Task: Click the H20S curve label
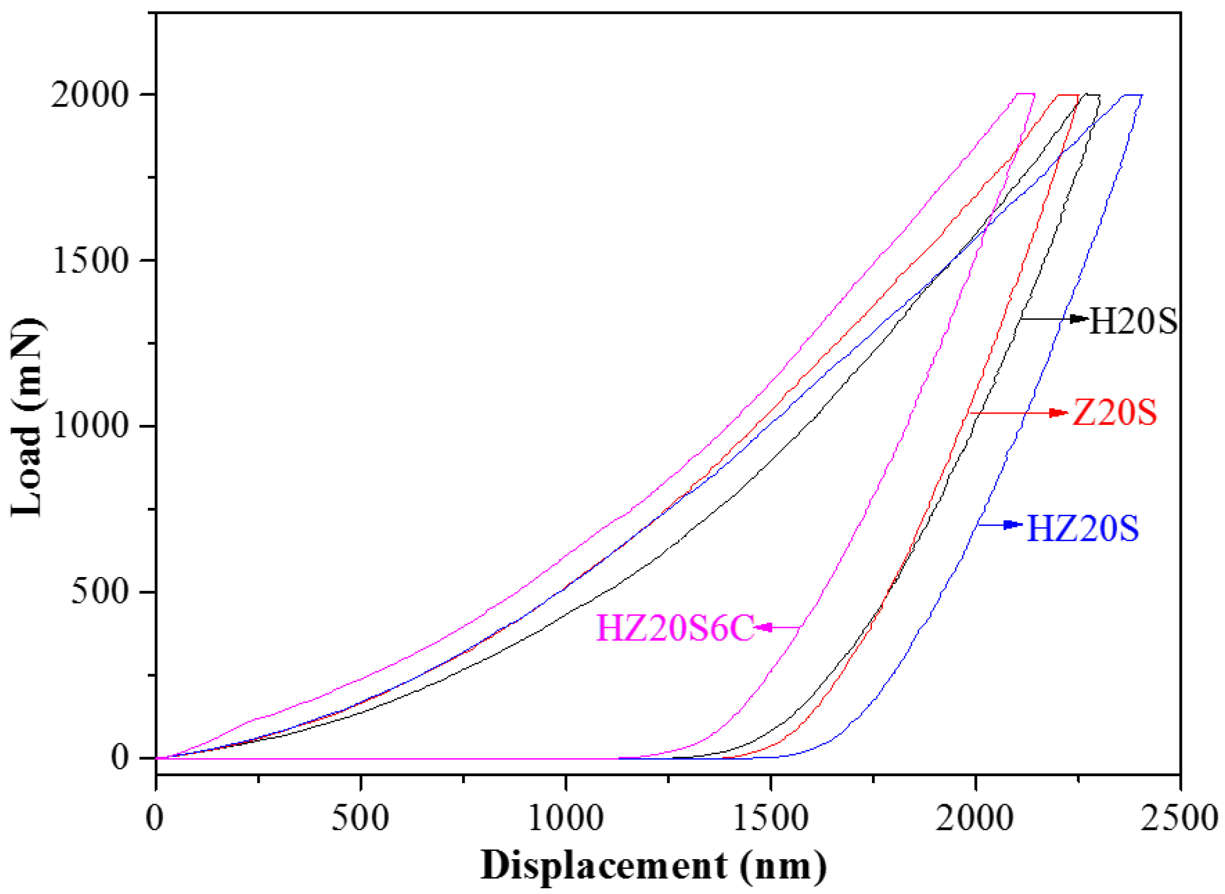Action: pos(1132,321)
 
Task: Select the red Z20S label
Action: pos(1115,414)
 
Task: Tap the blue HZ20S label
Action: pos(1083,528)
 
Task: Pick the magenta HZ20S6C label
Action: pos(675,628)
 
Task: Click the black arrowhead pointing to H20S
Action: pos(1079,319)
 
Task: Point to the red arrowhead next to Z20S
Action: pos(1058,413)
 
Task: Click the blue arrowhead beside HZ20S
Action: pos(1011,525)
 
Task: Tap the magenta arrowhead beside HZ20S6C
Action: pos(763,627)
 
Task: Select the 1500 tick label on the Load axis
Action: pos(90,262)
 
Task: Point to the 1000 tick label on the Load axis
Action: pos(90,427)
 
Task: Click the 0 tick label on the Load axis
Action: pos(120,758)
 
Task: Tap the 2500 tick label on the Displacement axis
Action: pos(1179,819)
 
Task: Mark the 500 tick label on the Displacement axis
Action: pos(360,819)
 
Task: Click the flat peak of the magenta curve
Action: pos(1026,94)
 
